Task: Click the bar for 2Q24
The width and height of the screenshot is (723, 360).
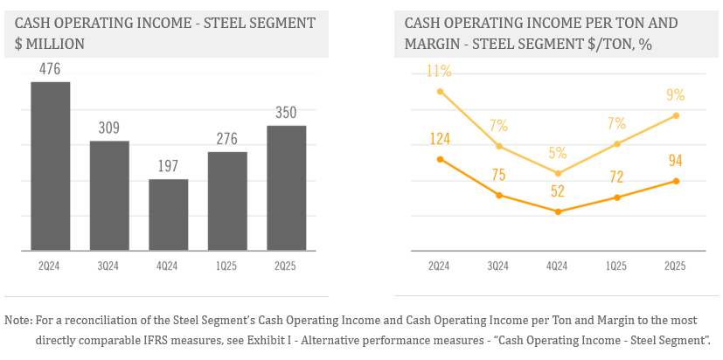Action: point(50,166)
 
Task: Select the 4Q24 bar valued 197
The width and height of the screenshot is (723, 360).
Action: point(168,215)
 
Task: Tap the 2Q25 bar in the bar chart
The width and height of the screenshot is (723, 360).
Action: point(286,188)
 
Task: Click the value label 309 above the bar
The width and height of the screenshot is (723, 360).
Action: point(109,128)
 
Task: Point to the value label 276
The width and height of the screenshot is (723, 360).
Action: point(227,139)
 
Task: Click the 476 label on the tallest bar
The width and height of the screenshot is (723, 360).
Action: point(50,69)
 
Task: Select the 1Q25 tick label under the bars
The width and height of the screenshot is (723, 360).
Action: point(227,266)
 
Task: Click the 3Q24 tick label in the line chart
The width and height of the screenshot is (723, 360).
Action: point(498,266)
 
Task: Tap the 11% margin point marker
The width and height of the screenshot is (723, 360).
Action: point(440,91)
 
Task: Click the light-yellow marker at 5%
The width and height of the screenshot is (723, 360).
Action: point(557,173)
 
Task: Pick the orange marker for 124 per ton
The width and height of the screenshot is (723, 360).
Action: point(440,159)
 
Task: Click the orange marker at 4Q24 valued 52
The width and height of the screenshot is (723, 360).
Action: point(557,211)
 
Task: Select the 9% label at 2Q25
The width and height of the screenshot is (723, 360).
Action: point(675,95)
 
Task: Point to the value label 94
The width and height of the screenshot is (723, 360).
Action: point(675,160)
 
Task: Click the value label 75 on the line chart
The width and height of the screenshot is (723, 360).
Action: point(498,175)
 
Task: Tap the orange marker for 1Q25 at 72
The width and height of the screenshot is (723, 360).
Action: point(616,197)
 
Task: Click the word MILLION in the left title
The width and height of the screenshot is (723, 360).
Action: point(58,42)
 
